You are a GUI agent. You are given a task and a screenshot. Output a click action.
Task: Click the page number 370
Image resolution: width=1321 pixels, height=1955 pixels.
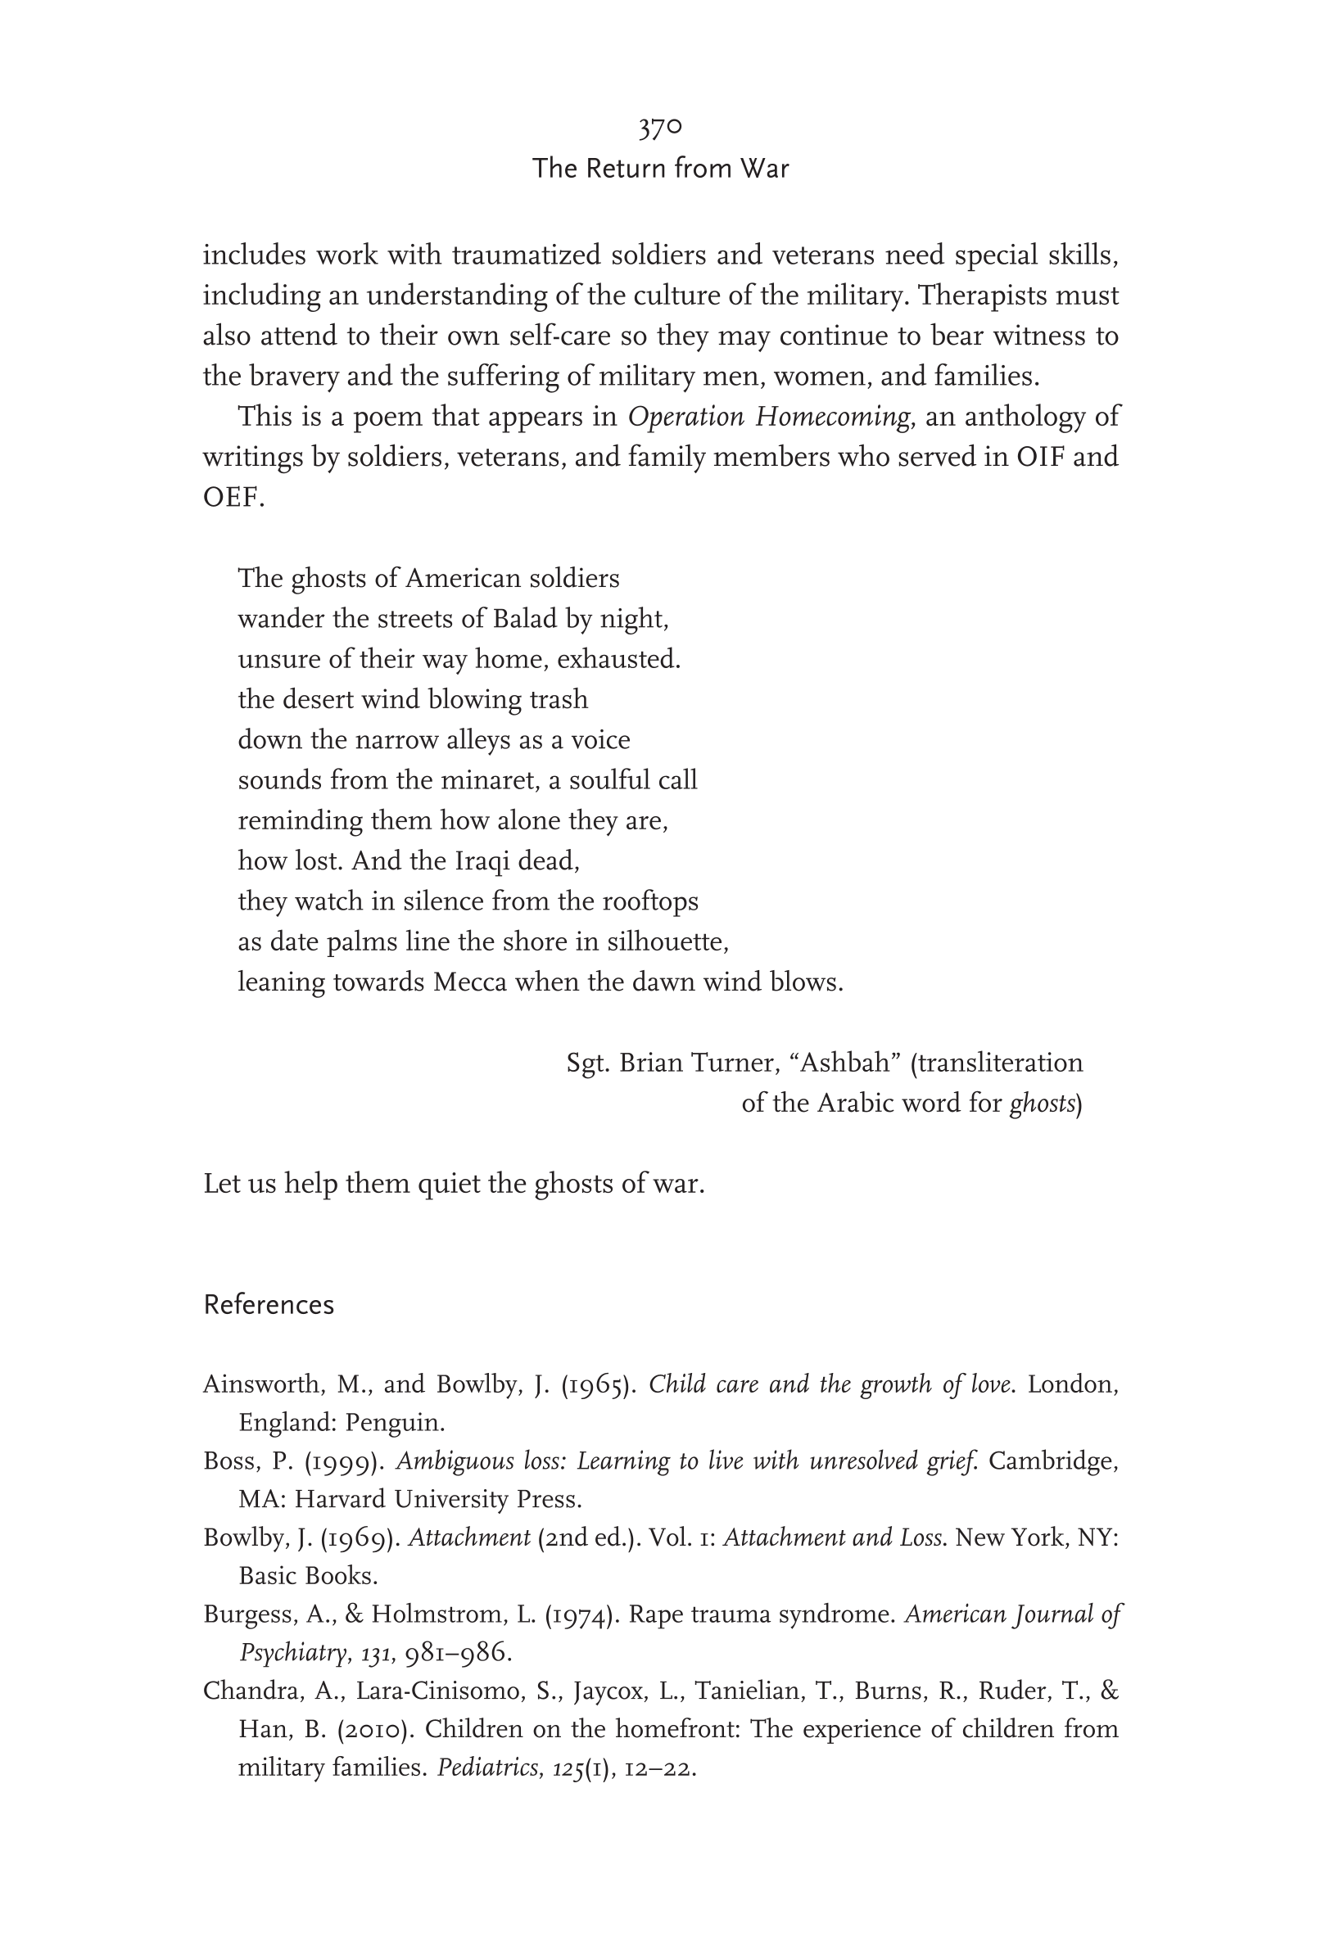[659, 129]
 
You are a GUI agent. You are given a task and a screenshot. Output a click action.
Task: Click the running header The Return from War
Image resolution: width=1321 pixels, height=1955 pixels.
[659, 169]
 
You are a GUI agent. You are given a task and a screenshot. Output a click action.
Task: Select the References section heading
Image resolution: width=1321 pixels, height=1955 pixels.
[269, 1304]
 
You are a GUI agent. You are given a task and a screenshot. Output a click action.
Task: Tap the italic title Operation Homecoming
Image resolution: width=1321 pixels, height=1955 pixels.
[768, 417]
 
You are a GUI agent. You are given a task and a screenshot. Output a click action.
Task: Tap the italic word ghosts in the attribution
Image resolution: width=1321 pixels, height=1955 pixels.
[1042, 1104]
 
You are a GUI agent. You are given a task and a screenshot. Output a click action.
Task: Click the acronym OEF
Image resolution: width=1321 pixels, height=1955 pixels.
[233, 498]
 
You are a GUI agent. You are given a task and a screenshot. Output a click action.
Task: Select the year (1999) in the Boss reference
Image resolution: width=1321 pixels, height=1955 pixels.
[345, 1462]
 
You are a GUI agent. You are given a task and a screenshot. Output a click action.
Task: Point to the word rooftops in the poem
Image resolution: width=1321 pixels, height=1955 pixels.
[649, 902]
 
